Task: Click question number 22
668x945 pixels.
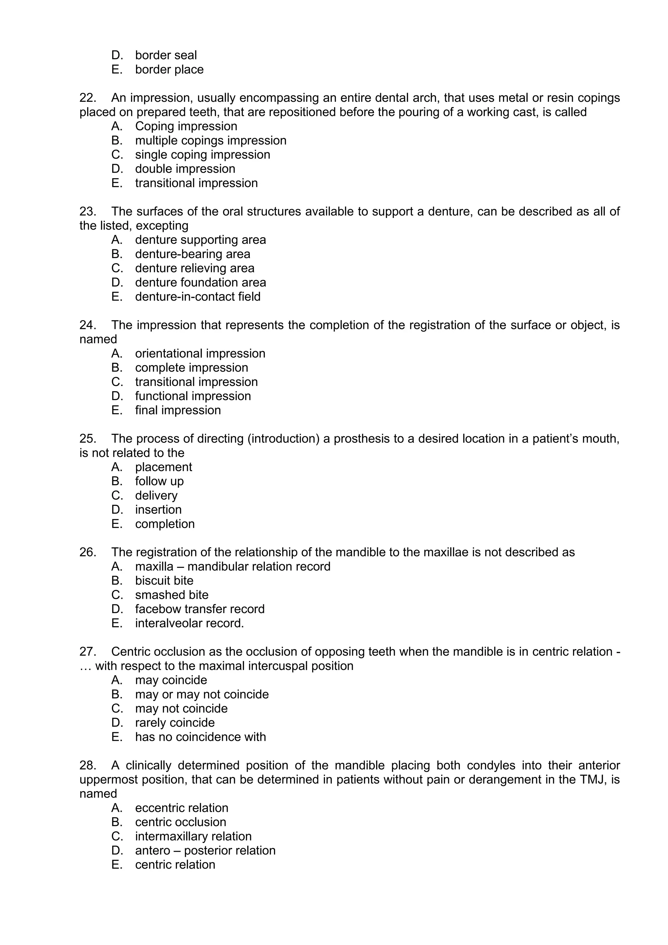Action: point(87,98)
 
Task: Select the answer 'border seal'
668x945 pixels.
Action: point(166,55)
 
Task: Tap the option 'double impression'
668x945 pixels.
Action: point(185,169)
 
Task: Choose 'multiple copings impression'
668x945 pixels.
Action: point(211,140)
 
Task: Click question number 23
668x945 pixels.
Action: point(87,211)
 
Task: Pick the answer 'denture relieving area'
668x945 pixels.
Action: point(194,268)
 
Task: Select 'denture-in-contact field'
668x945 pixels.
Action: point(197,297)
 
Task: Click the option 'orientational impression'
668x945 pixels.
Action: point(200,353)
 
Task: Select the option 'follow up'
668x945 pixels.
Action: point(159,481)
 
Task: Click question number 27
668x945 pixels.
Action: point(87,652)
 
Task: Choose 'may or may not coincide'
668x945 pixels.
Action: point(202,694)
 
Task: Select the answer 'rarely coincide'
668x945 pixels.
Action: point(175,723)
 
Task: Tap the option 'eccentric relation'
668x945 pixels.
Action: point(181,808)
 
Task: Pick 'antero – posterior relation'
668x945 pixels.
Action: point(205,851)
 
